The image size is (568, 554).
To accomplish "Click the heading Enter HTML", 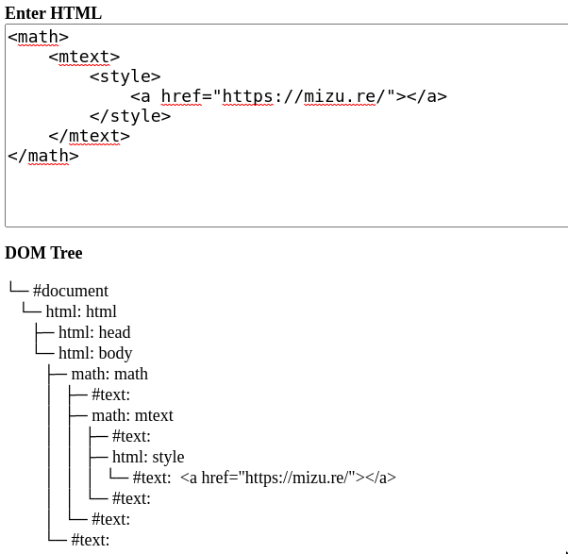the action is [53, 13].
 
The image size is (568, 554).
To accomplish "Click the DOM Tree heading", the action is [43, 253].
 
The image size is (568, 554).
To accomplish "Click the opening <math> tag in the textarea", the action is [38, 37].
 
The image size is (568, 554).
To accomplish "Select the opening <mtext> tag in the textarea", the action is [84, 57].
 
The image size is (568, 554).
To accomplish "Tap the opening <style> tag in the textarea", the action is [125, 76].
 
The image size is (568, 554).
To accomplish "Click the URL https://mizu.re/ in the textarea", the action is [304, 96].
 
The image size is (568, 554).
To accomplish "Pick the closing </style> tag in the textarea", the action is [130, 116].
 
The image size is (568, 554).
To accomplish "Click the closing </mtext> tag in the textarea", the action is [89, 136].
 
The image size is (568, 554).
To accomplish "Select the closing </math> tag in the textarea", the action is [42, 156].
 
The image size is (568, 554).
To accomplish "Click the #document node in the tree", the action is [70, 291].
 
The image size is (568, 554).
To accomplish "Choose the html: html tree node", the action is [81, 311].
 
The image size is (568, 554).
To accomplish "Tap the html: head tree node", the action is [94, 332].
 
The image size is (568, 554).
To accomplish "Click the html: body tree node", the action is [95, 353].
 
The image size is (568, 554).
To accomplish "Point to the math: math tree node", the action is [109, 374].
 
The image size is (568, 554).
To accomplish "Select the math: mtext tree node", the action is [132, 415].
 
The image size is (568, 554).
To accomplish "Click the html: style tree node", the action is [148, 457].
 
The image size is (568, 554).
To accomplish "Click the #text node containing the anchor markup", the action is [264, 478].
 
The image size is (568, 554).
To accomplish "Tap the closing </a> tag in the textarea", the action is [426, 96].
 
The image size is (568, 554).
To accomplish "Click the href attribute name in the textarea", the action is [182, 96].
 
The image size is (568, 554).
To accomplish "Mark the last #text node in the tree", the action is [91, 540].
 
